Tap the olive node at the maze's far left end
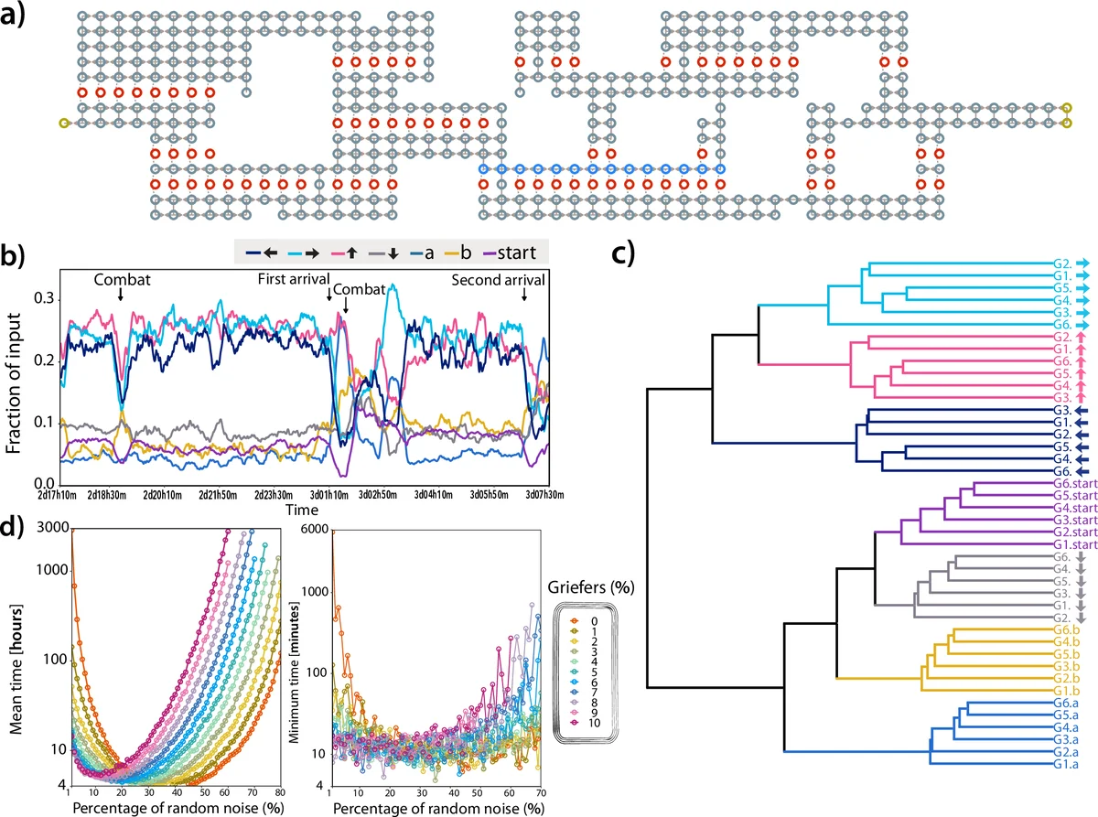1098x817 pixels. point(63,123)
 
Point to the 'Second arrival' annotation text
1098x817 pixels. point(498,279)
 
